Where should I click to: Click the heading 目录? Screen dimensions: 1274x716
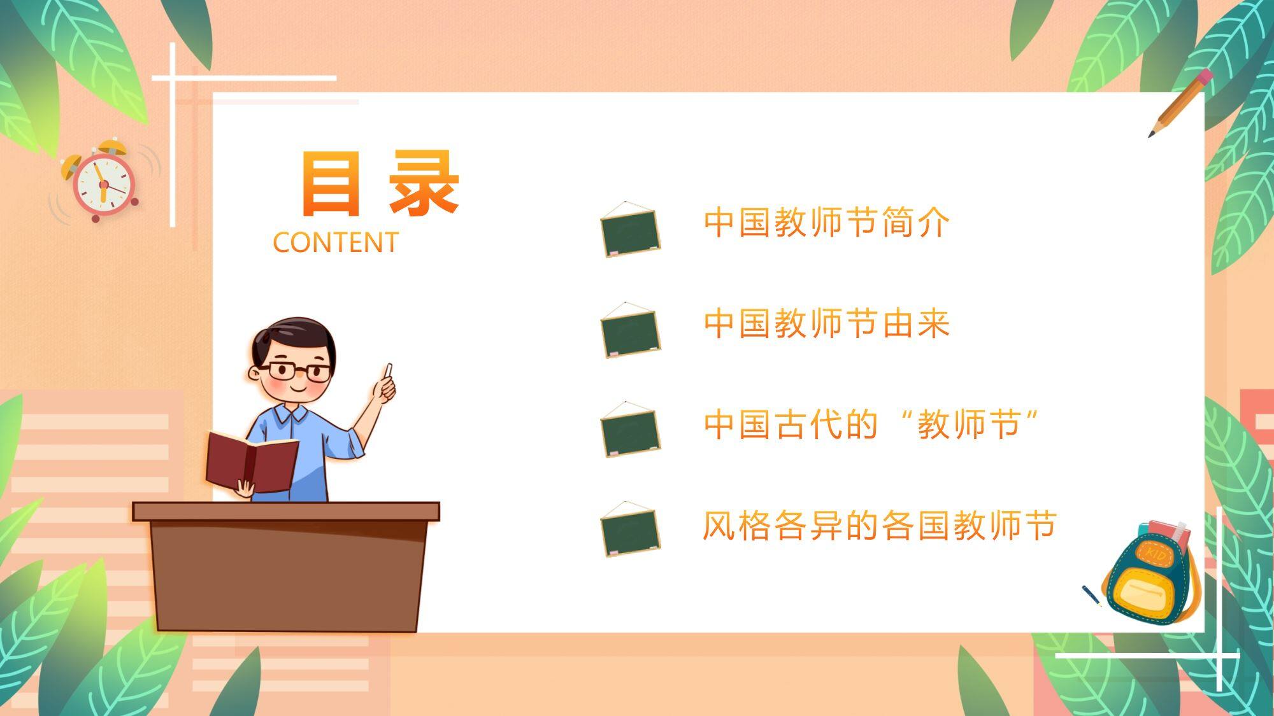click(380, 183)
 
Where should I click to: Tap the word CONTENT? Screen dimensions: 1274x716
click(336, 242)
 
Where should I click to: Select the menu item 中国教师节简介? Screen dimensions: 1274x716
click(826, 222)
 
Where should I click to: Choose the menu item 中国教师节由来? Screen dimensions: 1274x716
click(826, 323)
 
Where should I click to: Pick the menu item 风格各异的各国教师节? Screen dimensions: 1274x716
click(879, 525)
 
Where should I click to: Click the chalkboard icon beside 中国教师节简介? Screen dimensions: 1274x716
click(630, 229)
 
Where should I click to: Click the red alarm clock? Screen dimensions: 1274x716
click(102, 181)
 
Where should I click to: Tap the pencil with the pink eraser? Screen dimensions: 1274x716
click(1180, 103)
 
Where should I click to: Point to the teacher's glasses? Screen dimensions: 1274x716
click(299, 370)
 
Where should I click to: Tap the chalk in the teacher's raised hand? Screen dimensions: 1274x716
click(388, 370)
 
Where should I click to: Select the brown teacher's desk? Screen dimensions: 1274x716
click(286, 566)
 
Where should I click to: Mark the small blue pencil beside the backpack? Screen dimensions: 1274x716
click(1092, 596)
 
